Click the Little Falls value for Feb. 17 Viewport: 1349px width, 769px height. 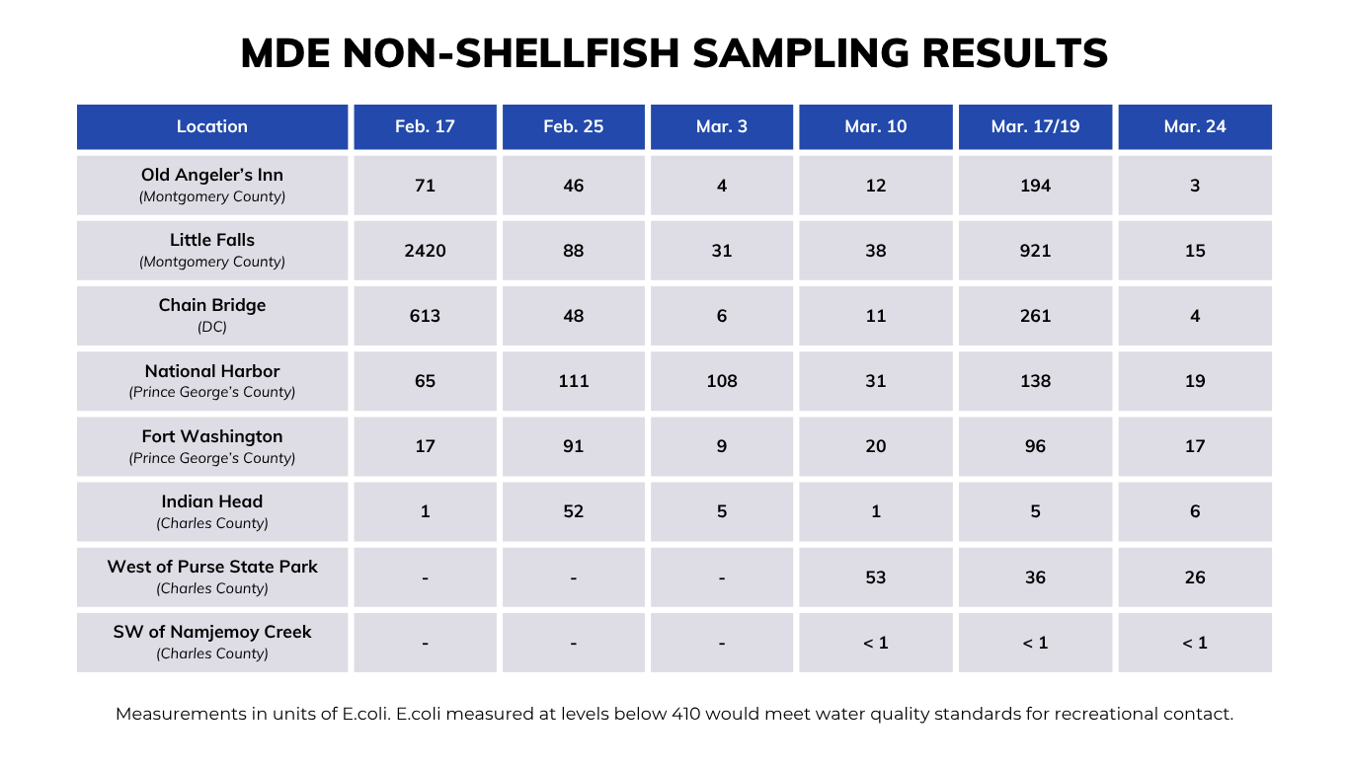click(425, 251)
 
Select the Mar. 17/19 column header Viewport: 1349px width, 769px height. click(1035, 126)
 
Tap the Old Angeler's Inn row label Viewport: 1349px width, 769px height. click(212, 176)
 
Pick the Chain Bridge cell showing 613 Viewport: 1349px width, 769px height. click(425, 316)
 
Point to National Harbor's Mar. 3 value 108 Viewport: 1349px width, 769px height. click(722, 381)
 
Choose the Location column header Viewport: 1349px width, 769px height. click(212, 126)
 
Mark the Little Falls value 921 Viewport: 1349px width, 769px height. click(1035, 251)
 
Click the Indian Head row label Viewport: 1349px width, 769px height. click(212, 501)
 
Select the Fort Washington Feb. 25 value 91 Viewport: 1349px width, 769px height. click(574, 446)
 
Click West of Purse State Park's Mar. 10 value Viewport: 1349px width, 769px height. click(876, 577)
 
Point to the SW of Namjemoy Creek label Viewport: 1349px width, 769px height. click(212, 632)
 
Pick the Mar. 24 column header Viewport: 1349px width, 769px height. click(1195, 126)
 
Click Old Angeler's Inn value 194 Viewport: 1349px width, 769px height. click(1035, 186)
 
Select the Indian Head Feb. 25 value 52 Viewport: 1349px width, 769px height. click(574, 511)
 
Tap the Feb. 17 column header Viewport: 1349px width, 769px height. click(425, 126)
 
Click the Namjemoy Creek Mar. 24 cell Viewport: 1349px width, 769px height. click(1195, 643)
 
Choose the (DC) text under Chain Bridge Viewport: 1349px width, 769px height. click(212, 328)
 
